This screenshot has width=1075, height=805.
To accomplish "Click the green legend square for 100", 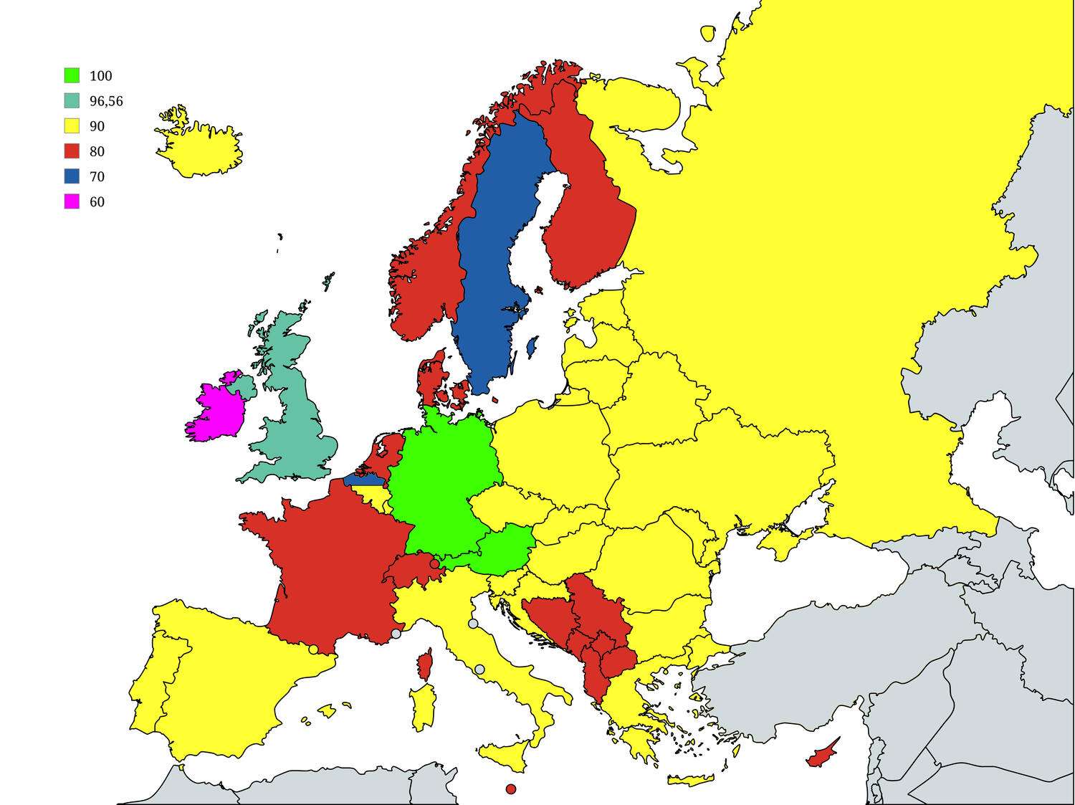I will pyautogui.click(x=72, y=75).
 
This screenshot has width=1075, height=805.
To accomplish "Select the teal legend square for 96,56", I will pyautogui.click(x=72, y=100).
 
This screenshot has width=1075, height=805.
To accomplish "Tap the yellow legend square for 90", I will pyautogui.click(x=72, y=125).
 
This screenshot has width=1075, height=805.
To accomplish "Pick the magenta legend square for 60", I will pyautogui.click(x=72, y=201).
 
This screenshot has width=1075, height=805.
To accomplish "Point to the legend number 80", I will pyautogui.click(x=97, y=151).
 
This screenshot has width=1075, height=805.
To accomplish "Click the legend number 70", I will pyautogui.click(x=97, y=176).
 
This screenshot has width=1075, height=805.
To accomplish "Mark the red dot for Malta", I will pyautogui.click(x=510, y=789).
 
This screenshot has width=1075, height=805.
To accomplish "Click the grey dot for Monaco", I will pyautogui.click(x=396, y=634).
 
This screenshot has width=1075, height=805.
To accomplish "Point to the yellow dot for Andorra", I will pyautogui.click(x=313, y=649).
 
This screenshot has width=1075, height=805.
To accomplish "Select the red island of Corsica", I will pyautogui.click(x=425, y=666).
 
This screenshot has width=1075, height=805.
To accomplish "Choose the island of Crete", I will pyautogui.click(x=689, y=780).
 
